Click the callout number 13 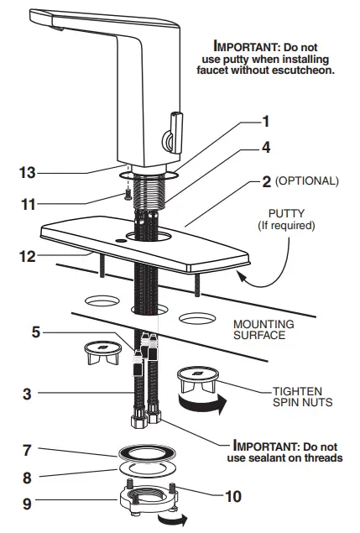tap(29, 173)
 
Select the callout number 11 tap(29, 203)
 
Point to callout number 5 tap(34, 331)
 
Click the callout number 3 tap(28, 392)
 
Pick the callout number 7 tap(28, 451)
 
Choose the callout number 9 tap(28, 504)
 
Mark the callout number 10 tap(233, 495)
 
